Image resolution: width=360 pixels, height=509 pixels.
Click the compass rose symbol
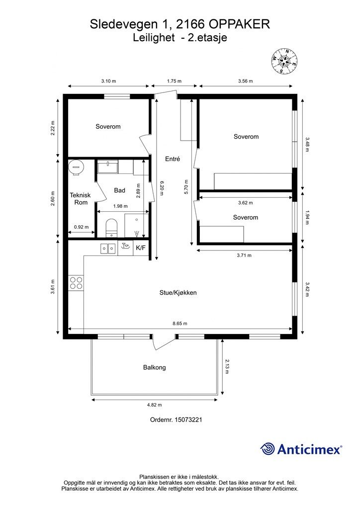click(x=285, y=61)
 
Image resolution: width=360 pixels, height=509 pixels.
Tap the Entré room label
click(x=173, y=159)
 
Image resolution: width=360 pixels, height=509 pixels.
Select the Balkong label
click(x=155, y=367)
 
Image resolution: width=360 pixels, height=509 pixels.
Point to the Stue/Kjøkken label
click(x=178, y=292)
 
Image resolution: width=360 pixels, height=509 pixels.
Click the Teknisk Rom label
click(x=81, y=199)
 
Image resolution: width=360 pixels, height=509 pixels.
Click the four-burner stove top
click(x=76, y=283)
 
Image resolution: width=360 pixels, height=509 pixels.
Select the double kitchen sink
click(x=108, y=249)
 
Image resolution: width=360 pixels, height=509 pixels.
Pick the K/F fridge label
click(x=141, y=248)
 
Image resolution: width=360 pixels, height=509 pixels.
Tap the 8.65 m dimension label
click(x=180, y=324)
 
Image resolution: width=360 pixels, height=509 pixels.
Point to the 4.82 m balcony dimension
click(x=155, y=405)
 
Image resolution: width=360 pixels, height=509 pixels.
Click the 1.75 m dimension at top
click(x=174, y=81)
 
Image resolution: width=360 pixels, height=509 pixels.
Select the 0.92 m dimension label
click(x=81, y=227)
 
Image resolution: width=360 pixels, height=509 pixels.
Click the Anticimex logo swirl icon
click(x=268, y=449)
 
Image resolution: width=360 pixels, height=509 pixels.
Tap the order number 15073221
click(x=188, y=420)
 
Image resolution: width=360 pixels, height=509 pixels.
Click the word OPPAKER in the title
click(x=239, y=24)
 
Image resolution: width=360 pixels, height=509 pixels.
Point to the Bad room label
click(x=119, y=190)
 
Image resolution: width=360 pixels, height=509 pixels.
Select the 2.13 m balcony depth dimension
click(x=227, y=366)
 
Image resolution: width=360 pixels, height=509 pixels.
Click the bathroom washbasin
click(x=108, y=168)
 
